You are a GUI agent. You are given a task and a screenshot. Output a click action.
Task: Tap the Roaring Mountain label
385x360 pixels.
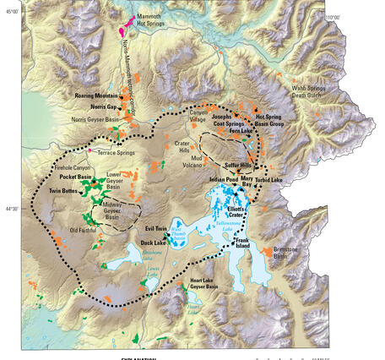[x=95, y=96]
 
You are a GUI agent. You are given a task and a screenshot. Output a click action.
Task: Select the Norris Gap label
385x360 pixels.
[x=103, y=107]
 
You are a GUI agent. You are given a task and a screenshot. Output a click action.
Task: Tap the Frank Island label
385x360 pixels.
[x=248, y=243]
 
